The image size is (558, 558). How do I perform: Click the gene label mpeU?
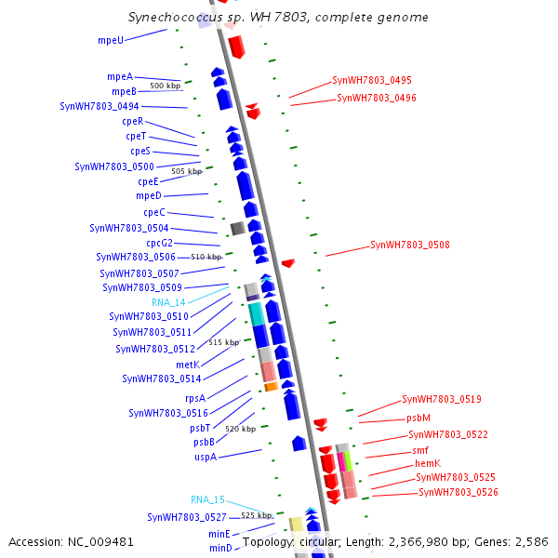(x=111, y=41)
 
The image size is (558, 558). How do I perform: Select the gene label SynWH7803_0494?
(x=100, y=106)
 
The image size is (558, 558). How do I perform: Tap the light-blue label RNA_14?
(x=168, y=302)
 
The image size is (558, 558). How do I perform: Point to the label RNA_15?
(x=207, y=499)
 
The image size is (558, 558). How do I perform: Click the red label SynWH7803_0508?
(x=410, y=246)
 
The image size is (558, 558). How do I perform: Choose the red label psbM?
(x=418, y=418)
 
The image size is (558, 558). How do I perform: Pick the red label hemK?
(x=427, y=463)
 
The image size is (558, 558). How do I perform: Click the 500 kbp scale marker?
(x=165, y=86)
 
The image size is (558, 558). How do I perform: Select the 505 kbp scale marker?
(x=186, y=171)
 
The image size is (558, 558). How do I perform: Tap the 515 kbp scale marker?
(x=223, y=342)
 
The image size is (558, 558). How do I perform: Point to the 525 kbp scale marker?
(x=257, y=515)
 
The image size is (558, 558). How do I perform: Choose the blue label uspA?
(x=206, y=457)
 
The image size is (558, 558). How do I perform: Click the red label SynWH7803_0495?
(x=372, y=80)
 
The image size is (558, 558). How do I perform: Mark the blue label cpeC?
(x=154, y=212)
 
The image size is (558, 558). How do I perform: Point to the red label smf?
(x=420, y=450)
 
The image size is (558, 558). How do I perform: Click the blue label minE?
(x=219, y=534)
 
